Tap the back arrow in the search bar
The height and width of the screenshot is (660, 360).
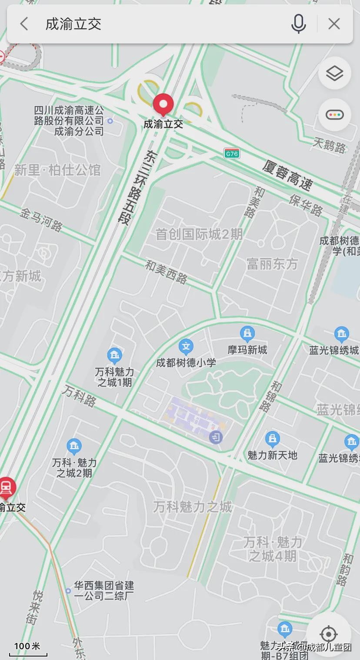coord(24,24)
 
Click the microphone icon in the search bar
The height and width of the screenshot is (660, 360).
coord(298,24)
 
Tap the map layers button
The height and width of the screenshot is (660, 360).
coord(334,73)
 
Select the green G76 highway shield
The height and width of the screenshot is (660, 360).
coord(232,153)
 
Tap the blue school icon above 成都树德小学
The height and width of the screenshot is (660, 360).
coord(186,347)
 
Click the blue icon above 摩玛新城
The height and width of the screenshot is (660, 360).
coord(247,334)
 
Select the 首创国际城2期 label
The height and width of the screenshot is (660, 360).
coord(199,234)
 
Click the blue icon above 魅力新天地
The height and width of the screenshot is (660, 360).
coord(272,439)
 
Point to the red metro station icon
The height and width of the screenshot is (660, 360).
coord(6,487)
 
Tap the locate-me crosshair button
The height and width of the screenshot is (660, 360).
coord(328,634)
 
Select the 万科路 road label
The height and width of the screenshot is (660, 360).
coord(79,396)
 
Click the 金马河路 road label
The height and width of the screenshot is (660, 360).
coord(41,219)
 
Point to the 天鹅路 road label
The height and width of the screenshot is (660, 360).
coord(330,145)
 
